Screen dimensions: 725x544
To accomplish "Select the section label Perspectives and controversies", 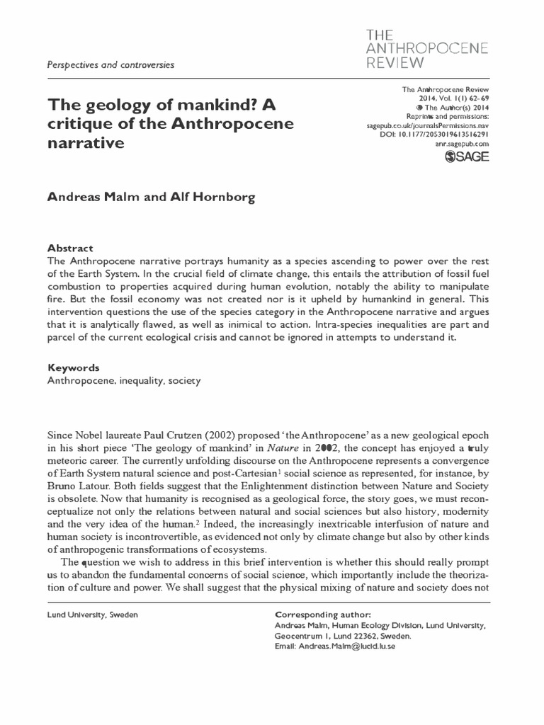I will tap(110, 64).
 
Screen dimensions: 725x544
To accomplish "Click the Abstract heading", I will tap(70, 249).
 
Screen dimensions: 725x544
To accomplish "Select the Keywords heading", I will tap(73, 368).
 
